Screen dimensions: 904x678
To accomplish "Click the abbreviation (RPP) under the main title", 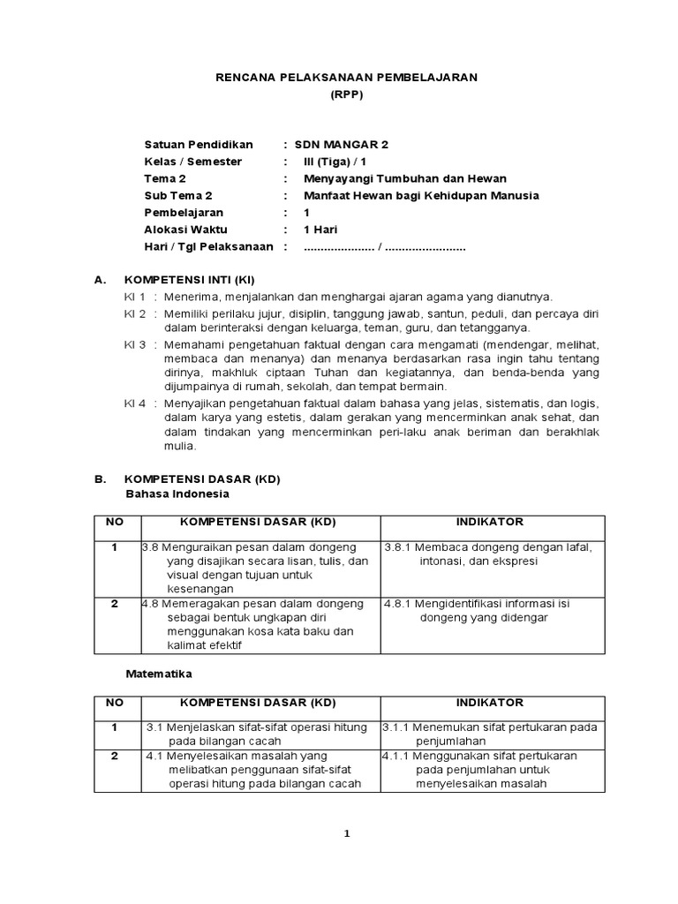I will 346,94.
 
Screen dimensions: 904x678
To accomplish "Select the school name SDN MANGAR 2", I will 341,144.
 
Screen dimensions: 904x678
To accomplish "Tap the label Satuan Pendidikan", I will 199,144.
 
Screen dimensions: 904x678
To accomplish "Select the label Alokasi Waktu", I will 185,230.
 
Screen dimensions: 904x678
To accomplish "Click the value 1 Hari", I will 321,230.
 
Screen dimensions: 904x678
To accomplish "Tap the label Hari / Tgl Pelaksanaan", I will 208,246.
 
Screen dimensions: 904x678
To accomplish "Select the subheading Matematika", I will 159,673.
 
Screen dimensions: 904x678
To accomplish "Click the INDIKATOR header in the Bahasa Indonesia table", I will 490,523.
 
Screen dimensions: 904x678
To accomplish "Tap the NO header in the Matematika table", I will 114,703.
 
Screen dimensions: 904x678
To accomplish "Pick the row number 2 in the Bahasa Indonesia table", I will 114,604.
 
